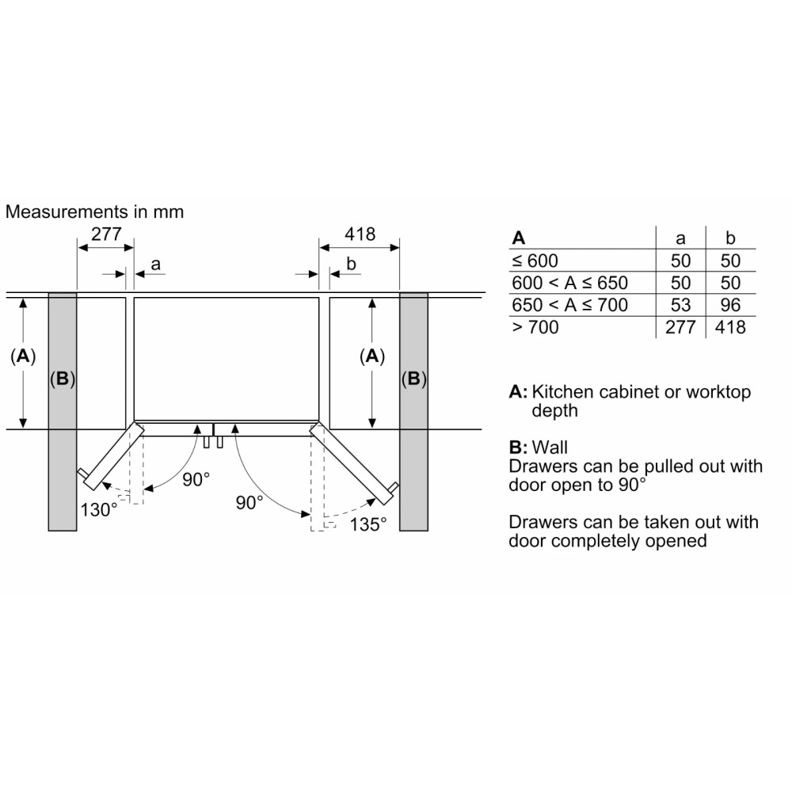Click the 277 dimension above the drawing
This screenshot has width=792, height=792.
click(x=106, y=234)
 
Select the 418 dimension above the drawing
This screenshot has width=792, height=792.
click(x=360, y=234)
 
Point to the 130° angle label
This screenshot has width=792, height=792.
click(x=99, y=509)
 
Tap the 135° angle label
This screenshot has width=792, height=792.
click(x=368, y=524)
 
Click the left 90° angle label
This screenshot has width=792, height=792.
click(x=196, y=479)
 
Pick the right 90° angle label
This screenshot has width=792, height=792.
click(x=249, y=503)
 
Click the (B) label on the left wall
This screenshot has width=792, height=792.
click(x=62, y=379)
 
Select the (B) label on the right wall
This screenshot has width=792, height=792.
click(x=413, y=379)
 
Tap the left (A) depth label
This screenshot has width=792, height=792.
click(x=23, y=356)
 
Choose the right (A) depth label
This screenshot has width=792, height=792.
click(x=372, y=356)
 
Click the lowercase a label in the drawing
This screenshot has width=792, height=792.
click(x=155, y=265)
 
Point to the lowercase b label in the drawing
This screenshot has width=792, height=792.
click(x=351, y=264)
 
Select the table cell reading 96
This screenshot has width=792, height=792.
click(x=730, y=305)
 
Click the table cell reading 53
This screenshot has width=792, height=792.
click(x=680, y=305)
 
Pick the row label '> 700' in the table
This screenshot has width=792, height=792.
click(x=535, y=327)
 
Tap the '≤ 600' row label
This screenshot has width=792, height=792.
click(x=535, y=261)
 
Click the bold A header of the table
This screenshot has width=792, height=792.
click(x=519, y=238)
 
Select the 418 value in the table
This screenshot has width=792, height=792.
click(x=730, y=327)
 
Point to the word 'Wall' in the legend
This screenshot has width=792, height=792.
click(x=550, y=447)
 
